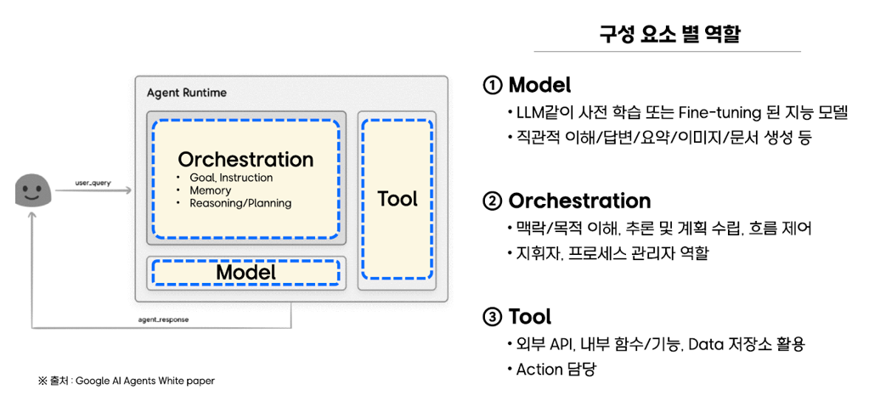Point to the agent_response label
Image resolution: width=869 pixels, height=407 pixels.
163,319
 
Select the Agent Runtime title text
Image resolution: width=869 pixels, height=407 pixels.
187,92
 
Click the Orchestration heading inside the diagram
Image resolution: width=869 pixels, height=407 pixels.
245,159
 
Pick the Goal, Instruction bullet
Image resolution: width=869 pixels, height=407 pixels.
231,178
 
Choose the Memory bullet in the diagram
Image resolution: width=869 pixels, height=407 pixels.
211,190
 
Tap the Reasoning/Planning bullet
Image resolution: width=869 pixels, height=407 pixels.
240,203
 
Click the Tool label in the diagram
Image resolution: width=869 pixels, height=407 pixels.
397,199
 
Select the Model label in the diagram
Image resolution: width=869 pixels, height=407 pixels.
245,272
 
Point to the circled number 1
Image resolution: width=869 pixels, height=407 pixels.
493,85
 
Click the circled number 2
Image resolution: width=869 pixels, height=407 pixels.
493,201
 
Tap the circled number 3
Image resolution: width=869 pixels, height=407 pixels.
493,317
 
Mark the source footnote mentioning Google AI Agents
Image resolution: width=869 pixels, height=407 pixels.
127,381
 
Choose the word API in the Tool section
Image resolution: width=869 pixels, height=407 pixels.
561,344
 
